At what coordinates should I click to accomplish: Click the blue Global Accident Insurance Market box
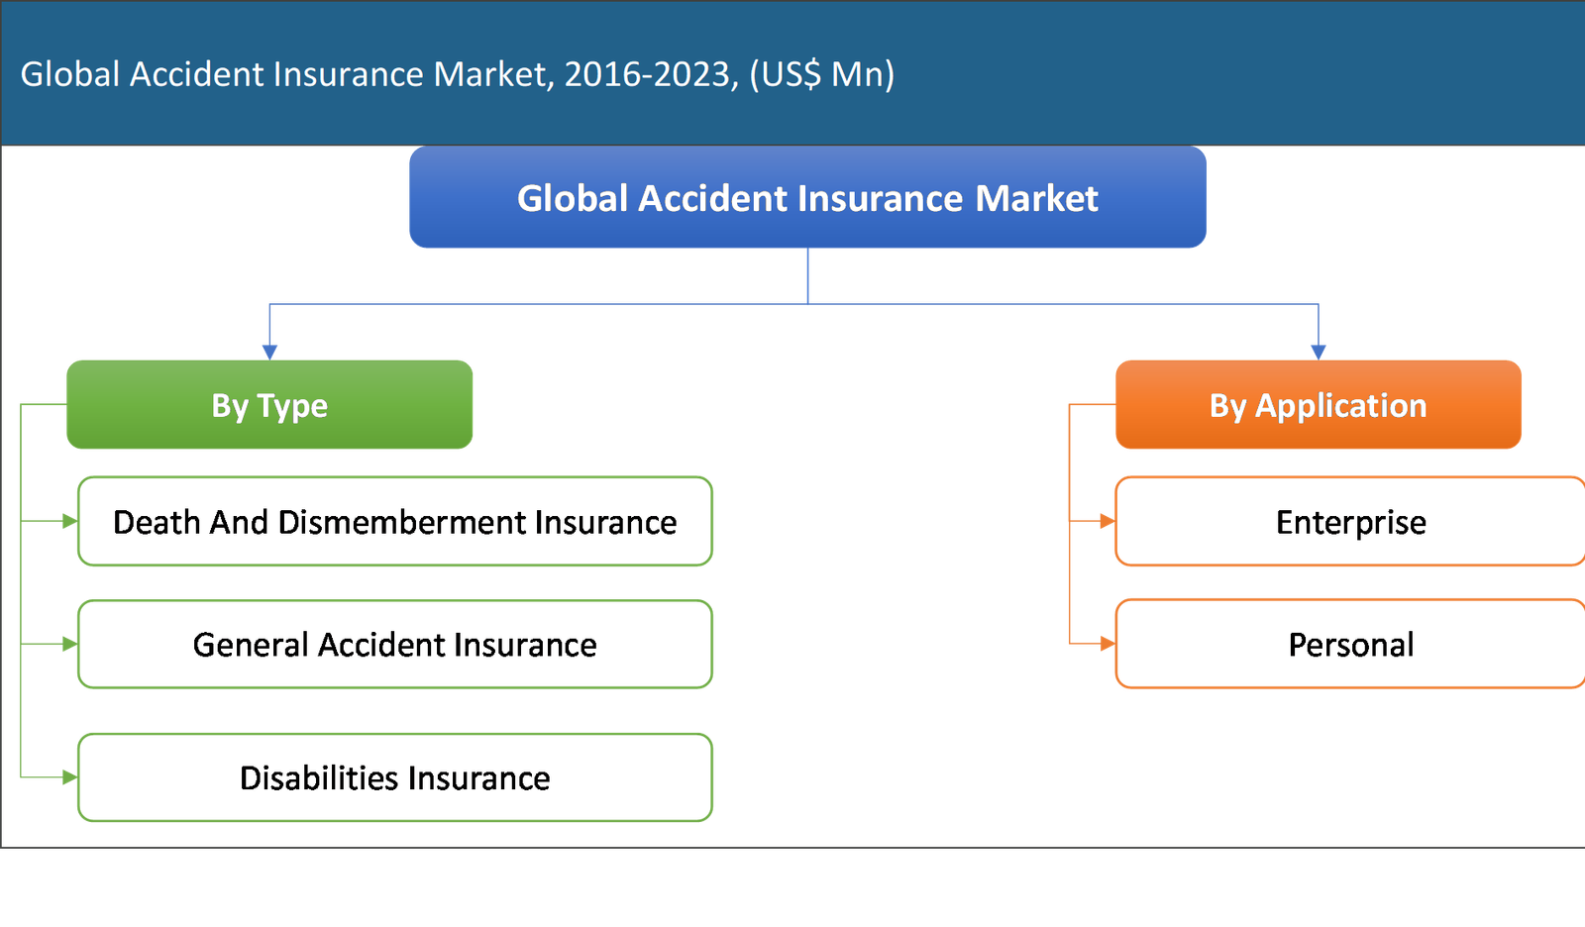(807, 197)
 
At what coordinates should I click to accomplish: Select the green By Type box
(269, 404)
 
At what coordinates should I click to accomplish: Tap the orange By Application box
(1319, 404)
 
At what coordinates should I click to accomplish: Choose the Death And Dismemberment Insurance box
(395, 522)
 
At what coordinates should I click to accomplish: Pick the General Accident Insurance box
(395, 644)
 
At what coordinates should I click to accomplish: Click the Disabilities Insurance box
(395, 777)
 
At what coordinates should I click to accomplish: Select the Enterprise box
(1350, 522)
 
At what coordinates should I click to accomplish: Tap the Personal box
(1350, 644)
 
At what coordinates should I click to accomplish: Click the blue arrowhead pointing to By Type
(269, 353)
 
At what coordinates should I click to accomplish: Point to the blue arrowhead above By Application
(1319, 353)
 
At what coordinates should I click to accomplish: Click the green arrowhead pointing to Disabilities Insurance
(70, 777)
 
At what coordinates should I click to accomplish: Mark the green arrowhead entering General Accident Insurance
(70, 644)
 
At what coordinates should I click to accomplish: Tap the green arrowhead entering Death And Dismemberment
(70, 522)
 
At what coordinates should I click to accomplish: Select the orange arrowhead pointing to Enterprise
(1109, 522)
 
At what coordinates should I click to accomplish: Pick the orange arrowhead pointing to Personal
(1109, 644)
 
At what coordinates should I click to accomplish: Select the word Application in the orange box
(1341, 406)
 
